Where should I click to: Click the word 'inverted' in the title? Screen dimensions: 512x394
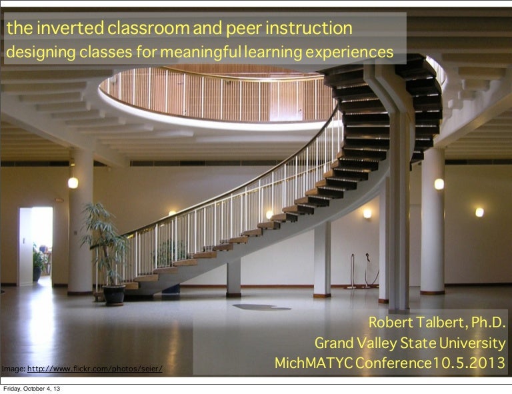(x=70, y=28)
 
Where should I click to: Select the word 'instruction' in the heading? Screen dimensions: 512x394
(x=309, y=28)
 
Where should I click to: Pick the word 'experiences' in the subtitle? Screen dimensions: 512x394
(x=349, y=52)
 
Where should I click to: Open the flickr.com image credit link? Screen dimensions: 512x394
(x=95, y=369)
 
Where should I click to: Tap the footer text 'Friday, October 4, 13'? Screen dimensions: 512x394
(x=32, y=389)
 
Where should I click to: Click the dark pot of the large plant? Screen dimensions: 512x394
(x=114, y=295)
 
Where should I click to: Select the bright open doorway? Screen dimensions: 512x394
(x=36, y=245)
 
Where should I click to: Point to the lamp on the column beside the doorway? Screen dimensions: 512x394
(x=73, y=183)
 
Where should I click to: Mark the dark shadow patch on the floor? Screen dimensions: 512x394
(x=261, y=307)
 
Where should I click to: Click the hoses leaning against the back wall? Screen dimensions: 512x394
(x=363, y=271)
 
